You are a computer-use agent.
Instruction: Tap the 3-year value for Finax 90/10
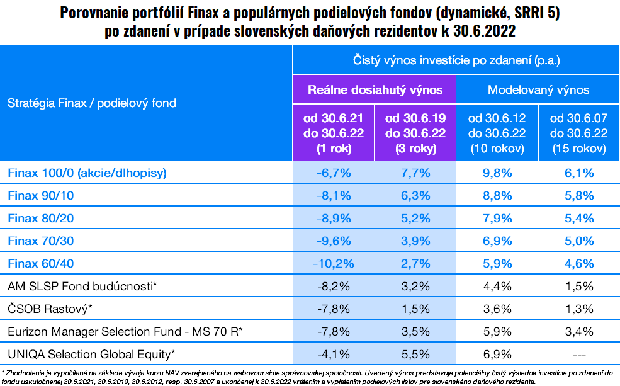click(x=415, y=195)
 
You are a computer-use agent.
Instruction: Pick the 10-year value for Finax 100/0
click(x=497, y=173)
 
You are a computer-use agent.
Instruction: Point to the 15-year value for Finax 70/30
click(x=578, y=241)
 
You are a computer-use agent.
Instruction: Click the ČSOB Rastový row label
click(x=50, y=309)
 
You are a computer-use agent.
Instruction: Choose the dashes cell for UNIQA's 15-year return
click(x=578, y=354)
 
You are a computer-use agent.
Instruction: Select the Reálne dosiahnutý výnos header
click(x=375, y=90)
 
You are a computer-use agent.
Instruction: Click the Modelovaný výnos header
click(x=538, y=90)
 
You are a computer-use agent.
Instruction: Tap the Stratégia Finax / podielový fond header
click(x=92, y=103)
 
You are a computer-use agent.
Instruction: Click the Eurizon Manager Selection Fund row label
click(x=125, y=331)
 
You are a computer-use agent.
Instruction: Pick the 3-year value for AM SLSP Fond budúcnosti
click(x=415, y=287)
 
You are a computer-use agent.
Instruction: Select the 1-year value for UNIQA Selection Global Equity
click(x=334, y=354)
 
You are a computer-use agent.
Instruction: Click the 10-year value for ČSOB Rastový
click(x=497, y=309)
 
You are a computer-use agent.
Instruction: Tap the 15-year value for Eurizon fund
click(x=578, y=331)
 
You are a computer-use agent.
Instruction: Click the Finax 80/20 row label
click(x=41, y=218)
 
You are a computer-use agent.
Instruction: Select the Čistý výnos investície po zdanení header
click(x=456, y=61)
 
